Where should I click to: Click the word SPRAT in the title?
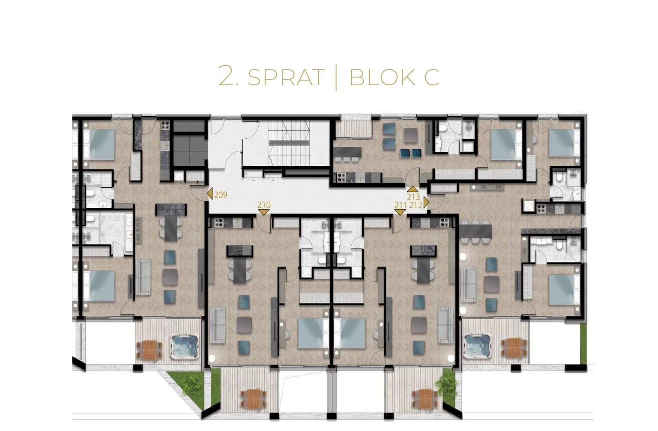pyautogui.click(x=286, y=77)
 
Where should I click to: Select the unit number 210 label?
pyautogui.click(x=264, y=205)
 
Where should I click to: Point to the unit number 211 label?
pyautogui.click(x=401, y=205)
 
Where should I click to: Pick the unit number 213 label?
pyautogui.click(x=413, y=197)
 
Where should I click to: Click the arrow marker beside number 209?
pyautogui.click(x=210, y=195)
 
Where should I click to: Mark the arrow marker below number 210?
pyautogui.click(x=264, y=212)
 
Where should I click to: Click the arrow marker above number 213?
pyautogui.click(x=412, y=189)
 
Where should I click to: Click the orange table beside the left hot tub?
pyautogui.click(x=149, y=349)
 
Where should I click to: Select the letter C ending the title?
pyautogui.click(x=431, y=77)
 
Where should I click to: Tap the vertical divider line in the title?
pyautogui.click(x=336, y=77)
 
